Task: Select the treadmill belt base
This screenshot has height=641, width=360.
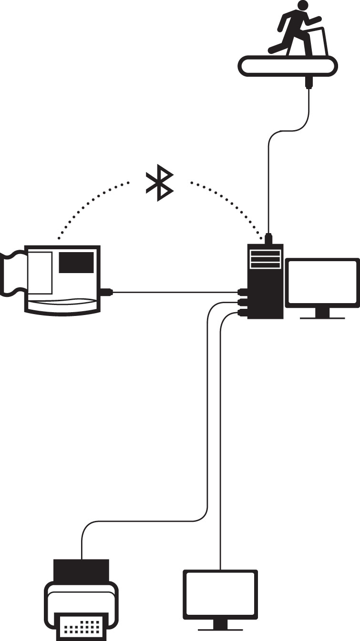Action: pyautogui.click(x=288, y=65)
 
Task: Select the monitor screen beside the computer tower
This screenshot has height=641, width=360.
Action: pyautogui.click(x=322, y=283)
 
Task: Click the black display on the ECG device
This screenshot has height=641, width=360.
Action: pyautogui.click(x=76, y=263)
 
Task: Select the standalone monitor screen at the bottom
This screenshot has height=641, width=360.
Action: pyautogui.click(x=220, y=594)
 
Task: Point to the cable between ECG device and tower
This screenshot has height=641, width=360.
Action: pyautogui.click(x=176, y=291)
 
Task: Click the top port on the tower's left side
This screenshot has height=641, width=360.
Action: pyautogui.click(x=243, y=291)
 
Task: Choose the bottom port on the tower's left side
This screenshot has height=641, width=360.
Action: pyautogui.click(x=243, y=313)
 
